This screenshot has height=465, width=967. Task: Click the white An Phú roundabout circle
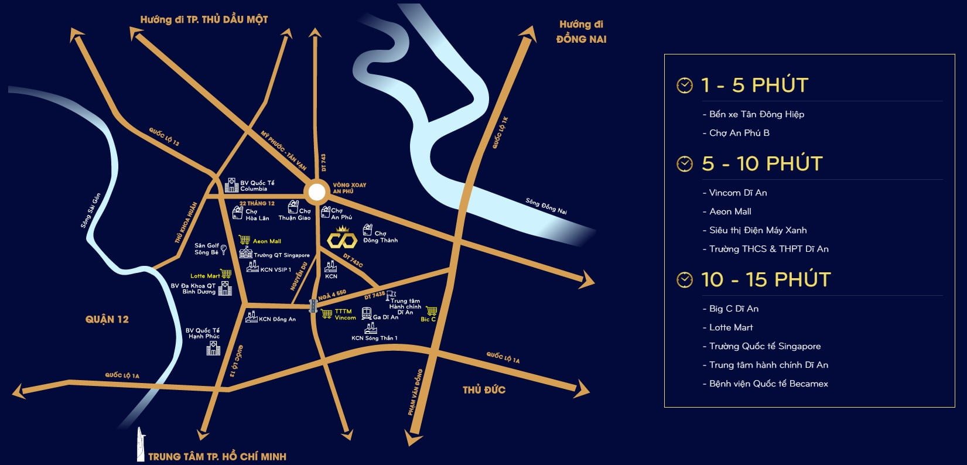coord(317,192)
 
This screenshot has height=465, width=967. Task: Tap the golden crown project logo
coord(342,238)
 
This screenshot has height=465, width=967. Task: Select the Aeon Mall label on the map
coord(266,241)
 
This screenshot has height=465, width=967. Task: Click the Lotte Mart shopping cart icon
coord(226,274)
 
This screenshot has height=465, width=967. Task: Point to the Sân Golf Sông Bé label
coord(206,249)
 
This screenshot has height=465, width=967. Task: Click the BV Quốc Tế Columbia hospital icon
coord(232,185)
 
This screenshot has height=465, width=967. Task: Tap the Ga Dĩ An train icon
coord(367,314)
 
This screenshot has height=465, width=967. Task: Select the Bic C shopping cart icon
coord(432,311)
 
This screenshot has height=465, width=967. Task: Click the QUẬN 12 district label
coord(107,319)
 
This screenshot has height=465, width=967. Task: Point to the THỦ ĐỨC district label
coord(484,389)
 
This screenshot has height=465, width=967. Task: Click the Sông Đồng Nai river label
coord(546,206)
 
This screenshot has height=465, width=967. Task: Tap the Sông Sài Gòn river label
coord(91,210)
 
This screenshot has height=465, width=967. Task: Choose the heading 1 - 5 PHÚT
coord(754,85)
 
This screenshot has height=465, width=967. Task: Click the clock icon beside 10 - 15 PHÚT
coord(684,279)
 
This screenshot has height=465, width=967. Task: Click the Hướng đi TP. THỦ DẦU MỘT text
coord(204,19)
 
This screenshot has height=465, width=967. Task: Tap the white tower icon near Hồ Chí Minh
coord(140,444)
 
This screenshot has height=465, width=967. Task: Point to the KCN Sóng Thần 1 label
coord(374,338)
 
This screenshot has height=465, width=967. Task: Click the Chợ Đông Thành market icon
coord(367,230)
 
